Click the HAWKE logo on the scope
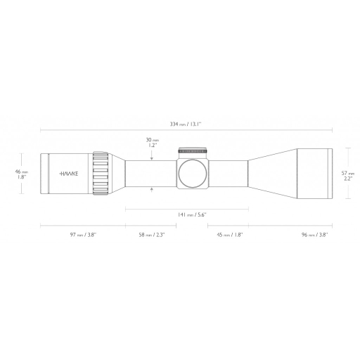(x=69, y=174)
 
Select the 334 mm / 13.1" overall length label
(x=186, y=124)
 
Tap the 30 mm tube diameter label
(x=153, y=140)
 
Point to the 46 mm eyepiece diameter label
(x=22, y=172)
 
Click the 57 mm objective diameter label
(x=348, y=174)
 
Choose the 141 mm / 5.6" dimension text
(x=192, y=214)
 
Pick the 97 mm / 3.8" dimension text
(x=83, y=235)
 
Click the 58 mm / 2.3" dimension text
(x=152, y=235)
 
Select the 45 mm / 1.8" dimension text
(x=230, y=235)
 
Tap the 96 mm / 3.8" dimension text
(x=314, y=235)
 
